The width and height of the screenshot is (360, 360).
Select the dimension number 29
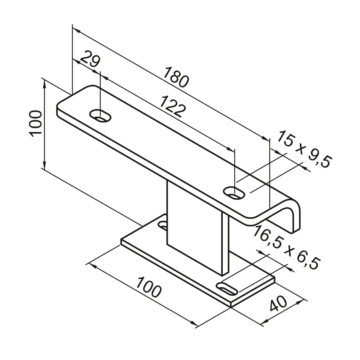(x=90, y=60)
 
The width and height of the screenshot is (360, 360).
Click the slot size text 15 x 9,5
(x=304, y=149)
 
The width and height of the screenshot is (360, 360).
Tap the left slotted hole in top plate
(x=100, y=116)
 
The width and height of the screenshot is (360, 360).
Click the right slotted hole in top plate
(x=235, y=193)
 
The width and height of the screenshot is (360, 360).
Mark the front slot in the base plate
(x=228, y=289)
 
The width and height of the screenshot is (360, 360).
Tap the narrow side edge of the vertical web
(x=225, y=244)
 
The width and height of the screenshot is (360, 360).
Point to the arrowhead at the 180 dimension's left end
(x=76, y=31)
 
